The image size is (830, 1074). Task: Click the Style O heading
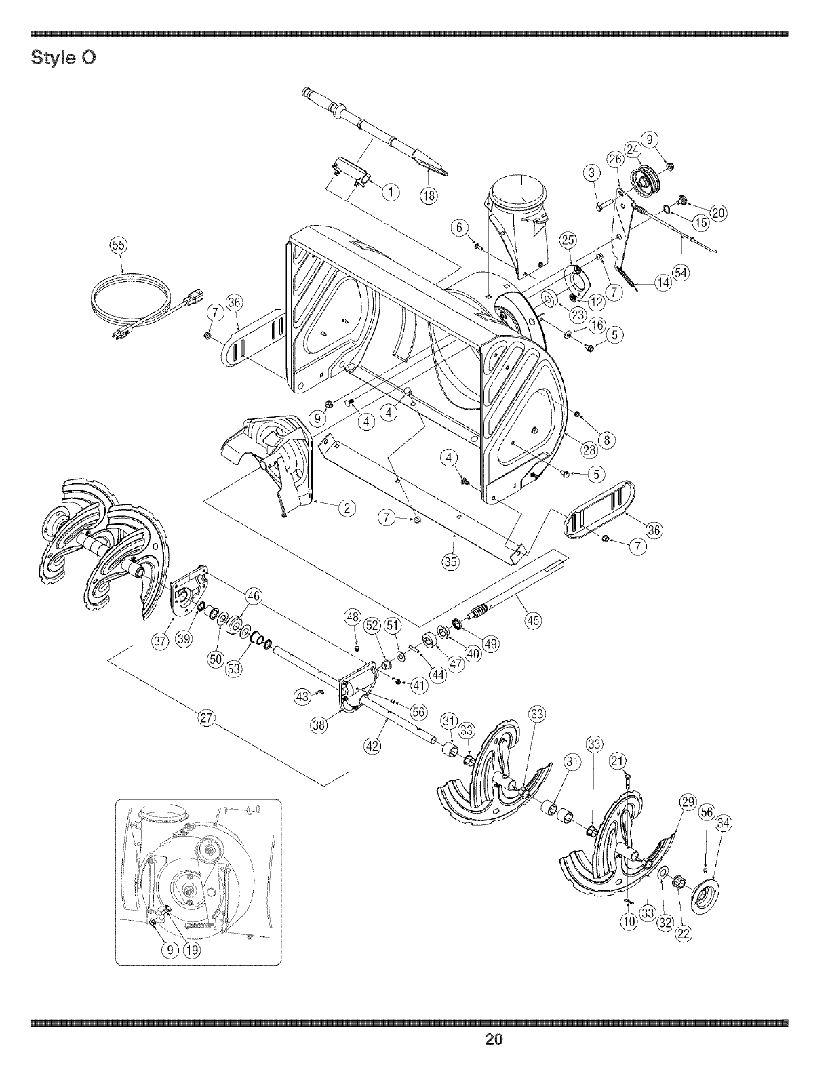(64, 58)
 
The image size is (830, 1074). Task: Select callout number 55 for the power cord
(118, 245)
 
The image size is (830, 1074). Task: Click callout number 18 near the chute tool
(427, 197)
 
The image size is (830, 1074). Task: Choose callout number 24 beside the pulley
(632, 149)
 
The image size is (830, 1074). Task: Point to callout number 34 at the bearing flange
(724, 824)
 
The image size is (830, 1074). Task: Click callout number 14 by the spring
(662, 282)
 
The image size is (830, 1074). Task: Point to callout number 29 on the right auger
(688, 803)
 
